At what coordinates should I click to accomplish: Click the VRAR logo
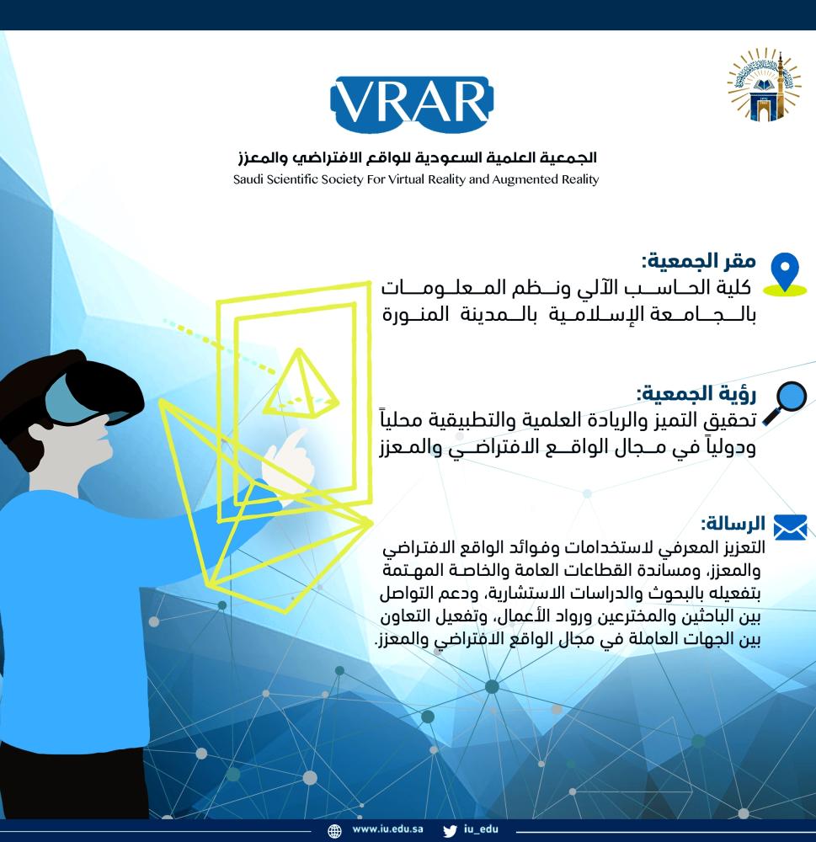(x=412, y=104)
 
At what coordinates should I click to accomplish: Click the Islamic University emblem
(x=763, y=85)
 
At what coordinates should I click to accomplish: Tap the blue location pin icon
(x=784, y=274)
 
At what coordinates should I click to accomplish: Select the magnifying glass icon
(x=785, y=402)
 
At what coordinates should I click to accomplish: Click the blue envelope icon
(x=790, y=526)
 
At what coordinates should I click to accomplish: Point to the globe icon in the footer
(x=334, y=831)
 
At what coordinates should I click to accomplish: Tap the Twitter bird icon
(x=451, y=831)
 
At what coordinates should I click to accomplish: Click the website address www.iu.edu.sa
(x=387, y=829)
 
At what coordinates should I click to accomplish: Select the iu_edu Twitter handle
(x=481, y=829)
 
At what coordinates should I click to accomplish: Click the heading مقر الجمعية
(x=699, y=262)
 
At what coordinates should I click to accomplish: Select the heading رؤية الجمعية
(x=696, y=393)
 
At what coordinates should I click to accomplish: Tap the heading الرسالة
(x=733, y=523)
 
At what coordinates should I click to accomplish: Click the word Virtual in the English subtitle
(x=403, y=179)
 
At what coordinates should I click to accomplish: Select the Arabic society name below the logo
(x=418, y=157)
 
